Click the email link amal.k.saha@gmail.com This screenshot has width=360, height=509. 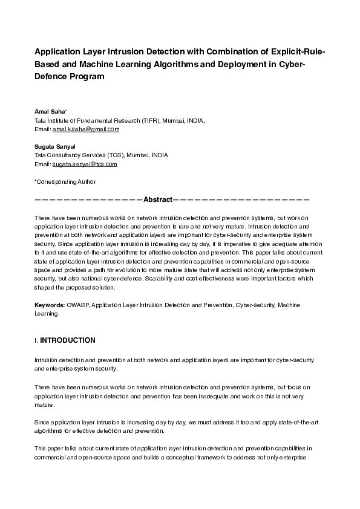click(86, 129)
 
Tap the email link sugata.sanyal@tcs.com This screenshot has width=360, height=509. click(84, 164)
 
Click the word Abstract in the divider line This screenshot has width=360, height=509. click(158, 199)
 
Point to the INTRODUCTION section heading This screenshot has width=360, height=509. click(67, 340)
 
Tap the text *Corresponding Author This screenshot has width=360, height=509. click(65, 181)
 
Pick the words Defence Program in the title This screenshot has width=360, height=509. click(70, 77)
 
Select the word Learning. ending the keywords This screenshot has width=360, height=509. click(47, 314)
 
